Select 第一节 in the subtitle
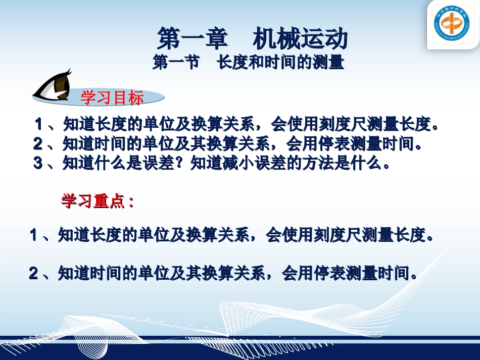(175, 64)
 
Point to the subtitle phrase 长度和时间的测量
(280, 64)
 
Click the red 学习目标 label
(112, 98)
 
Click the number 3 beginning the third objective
(37, 163)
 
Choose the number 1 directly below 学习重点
(34, 234)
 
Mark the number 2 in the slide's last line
(33, 273)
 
